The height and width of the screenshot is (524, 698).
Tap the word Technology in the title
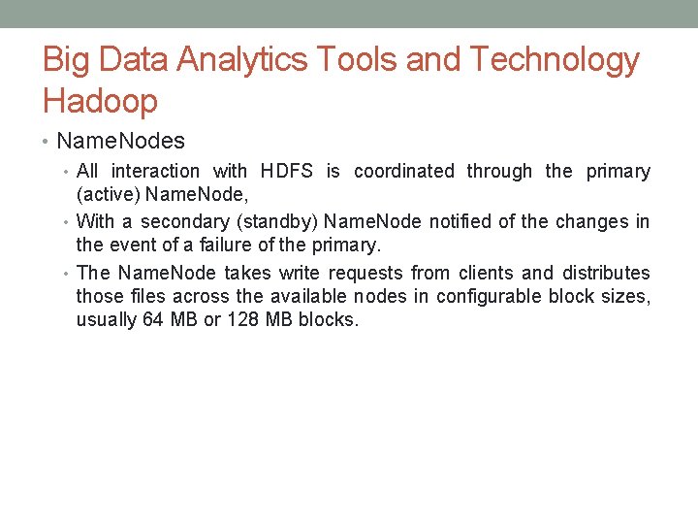[555, 60]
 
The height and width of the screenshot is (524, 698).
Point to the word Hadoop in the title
[100, 100]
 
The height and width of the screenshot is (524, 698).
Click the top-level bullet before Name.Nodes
[48, 142]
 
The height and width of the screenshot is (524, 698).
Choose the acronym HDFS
[287, 172]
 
